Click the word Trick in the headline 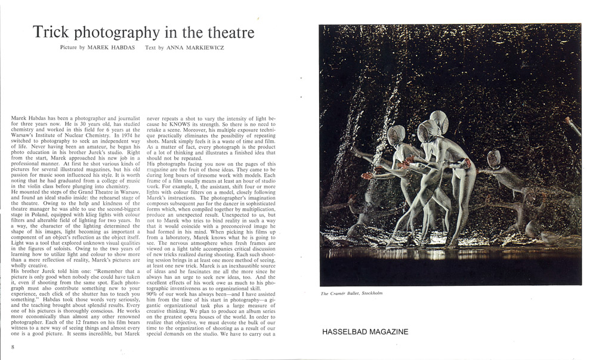point(51,32)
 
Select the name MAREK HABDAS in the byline point(112,48)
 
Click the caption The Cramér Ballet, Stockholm point(351,293)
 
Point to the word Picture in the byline point(69,48)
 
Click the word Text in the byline point(151,48)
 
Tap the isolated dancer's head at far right point(493,158)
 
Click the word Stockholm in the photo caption point(369,293)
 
